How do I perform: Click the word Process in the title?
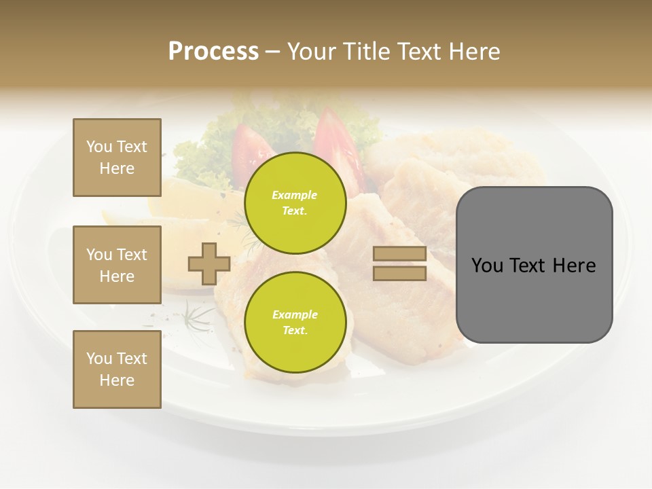[x=213, y=52]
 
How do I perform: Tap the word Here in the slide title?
[x=473, y=52]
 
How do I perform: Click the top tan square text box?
[x=117, y=158]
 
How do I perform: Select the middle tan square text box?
[x=117, y=265]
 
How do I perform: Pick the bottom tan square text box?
[x=117, y=369]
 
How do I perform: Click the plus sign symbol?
[x=209, y=264]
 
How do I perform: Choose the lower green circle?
[x=295, y=323]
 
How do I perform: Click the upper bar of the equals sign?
[x=399, y=254]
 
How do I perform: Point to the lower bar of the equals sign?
[x=399, y=273]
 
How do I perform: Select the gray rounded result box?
[x=534, y=299]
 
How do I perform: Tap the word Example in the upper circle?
[x=295, y=195]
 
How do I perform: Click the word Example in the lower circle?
[x=295, y=314]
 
